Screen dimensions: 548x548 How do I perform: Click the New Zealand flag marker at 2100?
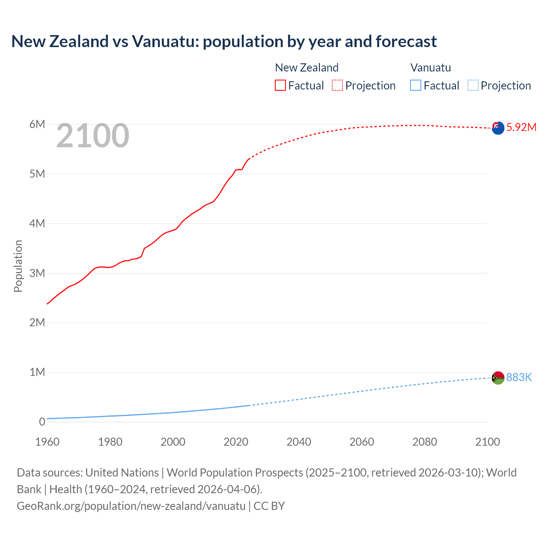[x=498, y=128]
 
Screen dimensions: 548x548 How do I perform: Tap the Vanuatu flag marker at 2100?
[x=498, y=378]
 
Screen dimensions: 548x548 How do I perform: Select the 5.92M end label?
[x=521, y=127]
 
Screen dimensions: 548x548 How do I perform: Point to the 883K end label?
[x=519, y=377]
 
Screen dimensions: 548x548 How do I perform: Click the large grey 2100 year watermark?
[x=92, y=136]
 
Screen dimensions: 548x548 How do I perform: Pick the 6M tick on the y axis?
[x=37, y=124]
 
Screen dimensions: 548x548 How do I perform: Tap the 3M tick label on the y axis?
[x=37, y=273]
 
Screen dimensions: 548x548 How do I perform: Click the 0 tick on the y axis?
[x=42, y=422]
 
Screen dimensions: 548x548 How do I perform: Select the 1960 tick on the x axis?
[x=47, y=442]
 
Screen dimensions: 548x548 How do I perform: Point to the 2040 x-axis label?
[x=299, y=442]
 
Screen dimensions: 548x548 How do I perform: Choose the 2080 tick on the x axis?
[x=425, y=442]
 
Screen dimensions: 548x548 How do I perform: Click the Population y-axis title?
[x=18, y=266]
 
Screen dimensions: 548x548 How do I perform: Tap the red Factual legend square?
[x=280, y=86]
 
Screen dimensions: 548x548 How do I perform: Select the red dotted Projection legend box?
[x=337, y=86]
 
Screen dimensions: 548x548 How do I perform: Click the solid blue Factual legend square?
[x=416, y=86]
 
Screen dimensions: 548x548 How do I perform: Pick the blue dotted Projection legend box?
[x=473, y=86]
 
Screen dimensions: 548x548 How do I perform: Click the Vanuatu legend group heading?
[x=431, y=68]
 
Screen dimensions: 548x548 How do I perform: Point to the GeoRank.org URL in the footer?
[x=131, y=506]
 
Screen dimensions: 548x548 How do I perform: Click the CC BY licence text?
[x=269, y=506]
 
